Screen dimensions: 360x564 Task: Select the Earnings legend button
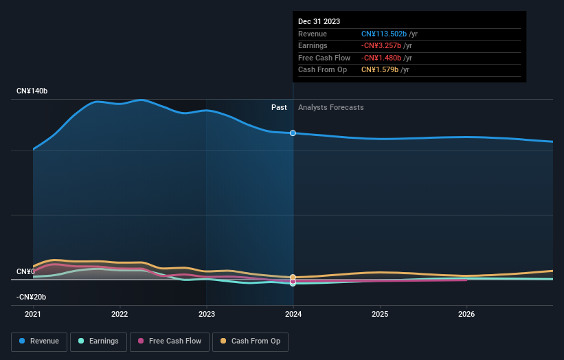(98, 341)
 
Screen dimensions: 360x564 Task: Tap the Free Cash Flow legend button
(169, 341)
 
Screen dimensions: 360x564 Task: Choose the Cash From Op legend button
(251, 341)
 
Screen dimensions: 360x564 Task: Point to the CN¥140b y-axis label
(32, 91)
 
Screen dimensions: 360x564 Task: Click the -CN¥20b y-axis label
(32, 297)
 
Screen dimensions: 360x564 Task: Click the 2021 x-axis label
(33, 314)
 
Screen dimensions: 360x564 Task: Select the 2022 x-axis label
(120, 314)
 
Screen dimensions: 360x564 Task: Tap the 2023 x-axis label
(207, 314)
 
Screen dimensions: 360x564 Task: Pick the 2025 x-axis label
(380, 314)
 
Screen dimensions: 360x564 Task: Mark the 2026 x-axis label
(466, 314)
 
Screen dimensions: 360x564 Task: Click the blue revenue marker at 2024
(293, 133)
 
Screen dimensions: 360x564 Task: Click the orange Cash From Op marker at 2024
(293, 277)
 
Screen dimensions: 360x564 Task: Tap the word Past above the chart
(279, 107)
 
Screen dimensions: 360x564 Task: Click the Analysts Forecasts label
(330, 107)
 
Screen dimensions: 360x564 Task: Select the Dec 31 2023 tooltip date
(319, 22)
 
